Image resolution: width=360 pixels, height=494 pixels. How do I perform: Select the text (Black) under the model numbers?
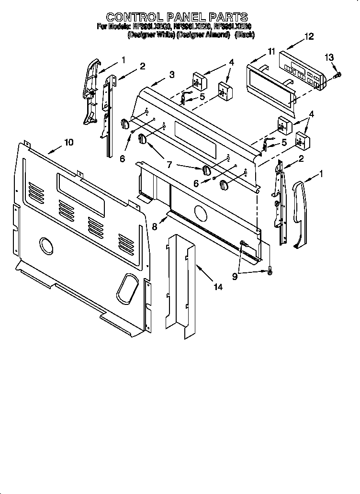(244, 35)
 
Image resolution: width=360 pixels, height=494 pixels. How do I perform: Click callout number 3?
(171, 74)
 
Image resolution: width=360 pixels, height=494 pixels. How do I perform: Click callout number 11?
(271, 51)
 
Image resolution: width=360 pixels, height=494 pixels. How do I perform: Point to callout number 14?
(218, 287)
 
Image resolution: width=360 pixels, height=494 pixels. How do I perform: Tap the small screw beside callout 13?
(338, 74)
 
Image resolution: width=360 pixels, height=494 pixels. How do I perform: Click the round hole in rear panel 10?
(46, 246)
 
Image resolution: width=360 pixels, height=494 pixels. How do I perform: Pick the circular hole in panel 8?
(200, 211)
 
